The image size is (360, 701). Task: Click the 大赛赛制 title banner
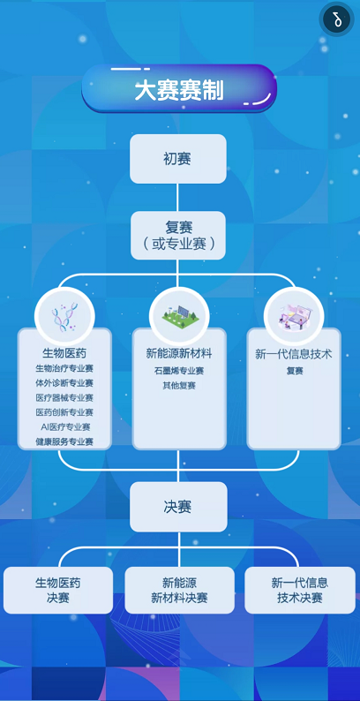point(179,88)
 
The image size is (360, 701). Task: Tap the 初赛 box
point(177,159)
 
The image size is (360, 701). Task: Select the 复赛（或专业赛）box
point(177,236)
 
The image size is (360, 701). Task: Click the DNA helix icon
point(64,318)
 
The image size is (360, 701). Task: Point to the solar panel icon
point(179,317)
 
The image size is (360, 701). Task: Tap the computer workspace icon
point(294,318)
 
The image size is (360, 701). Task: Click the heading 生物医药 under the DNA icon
point(64,354)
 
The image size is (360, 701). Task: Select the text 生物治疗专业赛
point(64,369)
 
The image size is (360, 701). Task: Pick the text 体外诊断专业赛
point(64,383)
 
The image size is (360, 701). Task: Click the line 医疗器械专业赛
point(64,397)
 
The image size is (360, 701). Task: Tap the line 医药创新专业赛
point(64,412)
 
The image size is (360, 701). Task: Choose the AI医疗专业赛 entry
point(65,427)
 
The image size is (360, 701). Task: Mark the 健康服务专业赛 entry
point(64,441)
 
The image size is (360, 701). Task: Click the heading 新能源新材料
point(179,354)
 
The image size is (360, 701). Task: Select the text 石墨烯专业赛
point(179,371)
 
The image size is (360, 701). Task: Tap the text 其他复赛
point(179,385)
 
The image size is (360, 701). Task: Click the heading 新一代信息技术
point(294,355)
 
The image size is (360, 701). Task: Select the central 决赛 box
point(178,507)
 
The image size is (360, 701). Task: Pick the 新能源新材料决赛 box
point(179,590)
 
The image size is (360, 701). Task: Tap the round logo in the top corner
point(337,19)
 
